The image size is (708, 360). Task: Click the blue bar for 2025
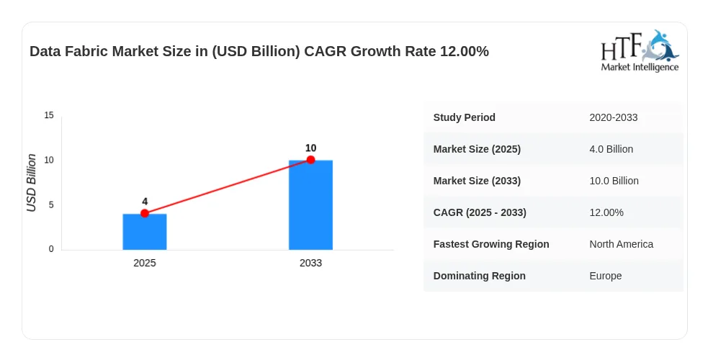pyautogui.click(x=145, y=231)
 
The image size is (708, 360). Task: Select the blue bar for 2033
pyautogui.click(x=310, y=204)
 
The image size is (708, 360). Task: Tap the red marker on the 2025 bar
pyautogui.click(x=145, y=213)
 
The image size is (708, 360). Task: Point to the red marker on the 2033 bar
pyautogui.click(x=310, y=160)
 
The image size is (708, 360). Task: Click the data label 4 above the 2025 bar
pyautogui.click(x=145, y=202)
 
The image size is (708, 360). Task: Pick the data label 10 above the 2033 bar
pyautogui.click(x=310, y=148)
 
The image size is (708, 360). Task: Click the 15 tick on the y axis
pyautogui.click(x=49, y=115)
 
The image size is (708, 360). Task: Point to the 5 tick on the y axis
pyautogui.click(x=51, y=204)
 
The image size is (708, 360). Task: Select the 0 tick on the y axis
pyautogui.click(x=51, y=249)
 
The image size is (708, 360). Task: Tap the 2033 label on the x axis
pyautogui.click(x=310, y=263)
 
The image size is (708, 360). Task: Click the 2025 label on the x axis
pyautogui.click(x=145, y=263)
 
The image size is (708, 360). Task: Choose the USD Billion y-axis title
pyautogui.click(x=31, y=183)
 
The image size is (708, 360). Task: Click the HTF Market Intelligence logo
pyautogui.click(x=640, y=50)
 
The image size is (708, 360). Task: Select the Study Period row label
pyautogui.click(x=464, y=117)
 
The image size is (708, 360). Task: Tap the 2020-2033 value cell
pyautogui.click(x=613, y=117)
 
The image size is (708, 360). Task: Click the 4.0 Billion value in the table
pyautogui.click(x=611, y=149)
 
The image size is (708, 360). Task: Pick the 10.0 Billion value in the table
pyautogui.click(x=614, y=181)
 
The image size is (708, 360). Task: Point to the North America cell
pyautogui.click(x=622, y=244)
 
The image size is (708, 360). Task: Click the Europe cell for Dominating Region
pyautogui.click(x=606, y=276)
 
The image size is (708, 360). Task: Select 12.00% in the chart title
pyautogui.click(x=465, y=51)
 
